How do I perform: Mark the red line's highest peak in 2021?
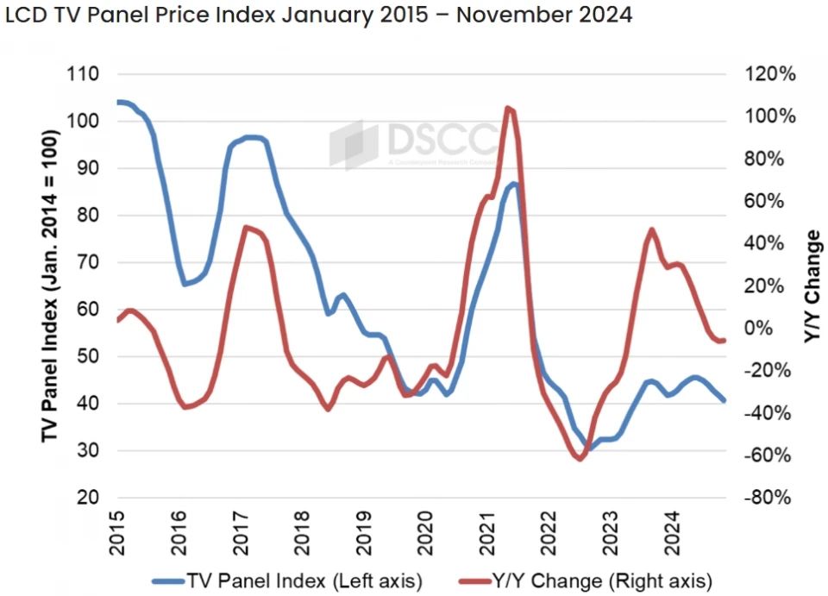[508, 108]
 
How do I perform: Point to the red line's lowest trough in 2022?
[580, 459]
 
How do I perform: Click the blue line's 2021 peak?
[514, 184]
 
